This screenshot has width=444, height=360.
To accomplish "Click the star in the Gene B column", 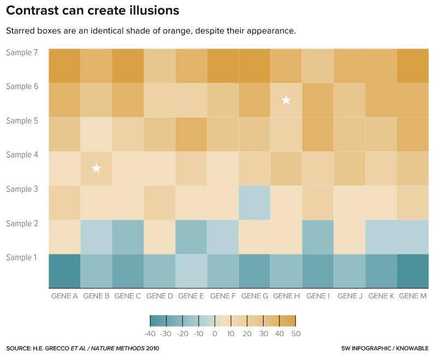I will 96,168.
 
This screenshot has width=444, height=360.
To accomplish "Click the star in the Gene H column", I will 286,100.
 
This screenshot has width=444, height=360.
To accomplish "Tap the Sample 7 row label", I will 22,52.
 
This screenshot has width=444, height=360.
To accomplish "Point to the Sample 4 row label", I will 22,155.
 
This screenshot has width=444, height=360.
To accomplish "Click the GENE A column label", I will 65,296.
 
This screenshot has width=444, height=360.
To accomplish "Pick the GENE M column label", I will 413,296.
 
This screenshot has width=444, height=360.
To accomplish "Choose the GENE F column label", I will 223,296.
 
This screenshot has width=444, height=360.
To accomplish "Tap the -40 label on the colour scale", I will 150,334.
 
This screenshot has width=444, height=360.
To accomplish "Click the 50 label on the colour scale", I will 296,334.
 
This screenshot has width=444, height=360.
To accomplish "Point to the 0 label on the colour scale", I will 215,334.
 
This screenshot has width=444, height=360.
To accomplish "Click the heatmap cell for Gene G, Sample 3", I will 255,203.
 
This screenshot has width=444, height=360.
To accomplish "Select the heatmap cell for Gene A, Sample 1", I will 65,271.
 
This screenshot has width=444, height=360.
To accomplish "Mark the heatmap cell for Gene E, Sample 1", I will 191,271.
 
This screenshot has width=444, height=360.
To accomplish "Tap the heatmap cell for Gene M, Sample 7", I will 413,66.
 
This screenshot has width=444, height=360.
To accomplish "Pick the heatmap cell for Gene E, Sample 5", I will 191,134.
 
